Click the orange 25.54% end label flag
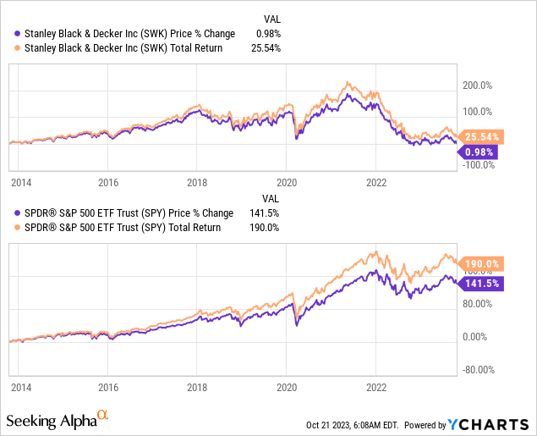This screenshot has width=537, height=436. click(x=479, y=136)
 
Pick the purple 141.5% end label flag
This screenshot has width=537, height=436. click(x=479, y=284)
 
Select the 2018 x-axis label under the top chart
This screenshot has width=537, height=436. click(x=197, y=182)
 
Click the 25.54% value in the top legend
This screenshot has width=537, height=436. click(x=266, y=47)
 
